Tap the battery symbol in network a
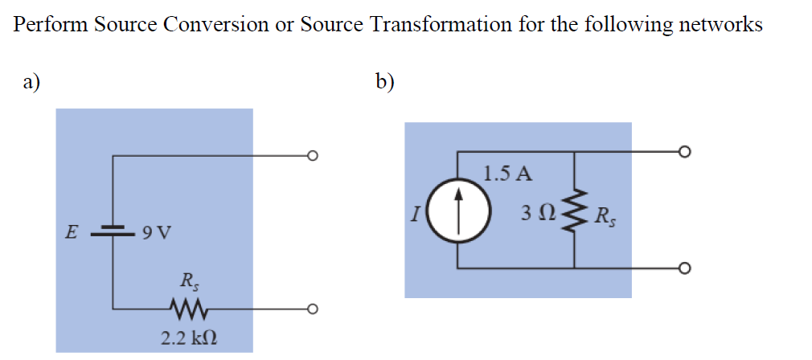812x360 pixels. tap(113, 233)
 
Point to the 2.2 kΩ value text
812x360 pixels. tap(187, 337)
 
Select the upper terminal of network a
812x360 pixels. tap(314, 155)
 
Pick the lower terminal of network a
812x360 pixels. tap(314, 308)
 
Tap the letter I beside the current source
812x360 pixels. tap(413, 213)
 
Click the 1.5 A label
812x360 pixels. tap(502, 172)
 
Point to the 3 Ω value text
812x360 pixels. tap(536, 214)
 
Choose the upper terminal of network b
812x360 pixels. tap(683, 151)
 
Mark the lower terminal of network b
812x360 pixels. tap(683, 268)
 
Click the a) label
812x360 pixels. tap(31, 80)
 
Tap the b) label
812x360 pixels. tap(384, 80)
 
